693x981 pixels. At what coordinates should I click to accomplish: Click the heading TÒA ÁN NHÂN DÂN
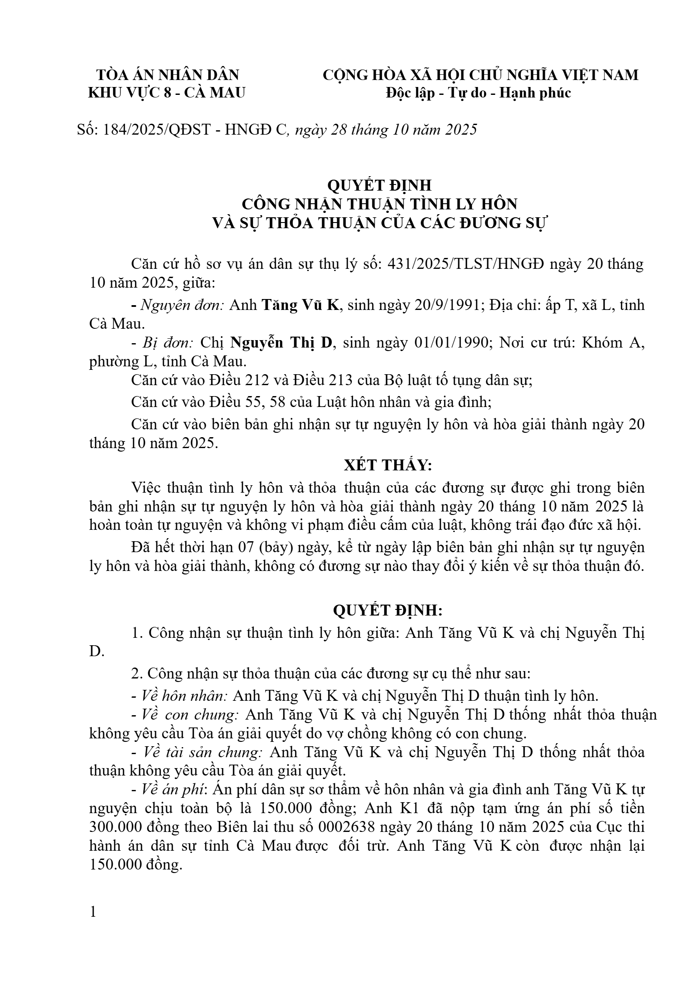tap(167, 75)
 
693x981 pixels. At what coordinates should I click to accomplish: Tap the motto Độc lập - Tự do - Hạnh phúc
tap(478, 93)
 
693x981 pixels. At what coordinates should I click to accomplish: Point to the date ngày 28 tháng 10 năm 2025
tap(386, 130)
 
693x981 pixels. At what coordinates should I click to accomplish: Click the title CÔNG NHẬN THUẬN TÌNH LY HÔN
tap(379, 204)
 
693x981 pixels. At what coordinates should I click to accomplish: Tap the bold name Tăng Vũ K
tap(300, 305)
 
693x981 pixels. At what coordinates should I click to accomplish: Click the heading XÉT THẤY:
tap(388, 465)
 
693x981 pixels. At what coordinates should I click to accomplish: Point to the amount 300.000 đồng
tap(129, 827)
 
